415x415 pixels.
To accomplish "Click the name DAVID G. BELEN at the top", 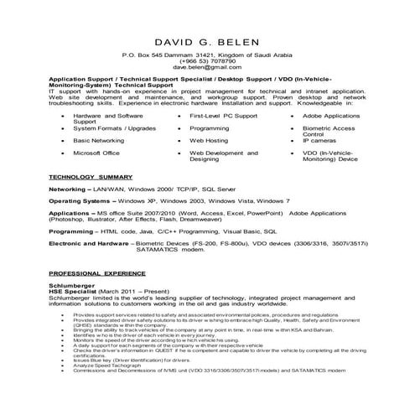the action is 207,42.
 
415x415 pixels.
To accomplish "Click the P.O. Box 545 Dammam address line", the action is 207,54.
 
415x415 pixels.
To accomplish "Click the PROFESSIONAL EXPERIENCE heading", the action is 93,274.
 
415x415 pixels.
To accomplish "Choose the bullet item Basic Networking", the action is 100,141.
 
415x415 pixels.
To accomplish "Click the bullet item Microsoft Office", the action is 96,153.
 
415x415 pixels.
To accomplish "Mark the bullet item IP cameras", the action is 319,141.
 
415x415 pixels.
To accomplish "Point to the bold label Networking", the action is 70,190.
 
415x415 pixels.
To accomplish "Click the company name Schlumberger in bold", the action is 71,283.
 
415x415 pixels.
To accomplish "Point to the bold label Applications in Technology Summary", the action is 70,214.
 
